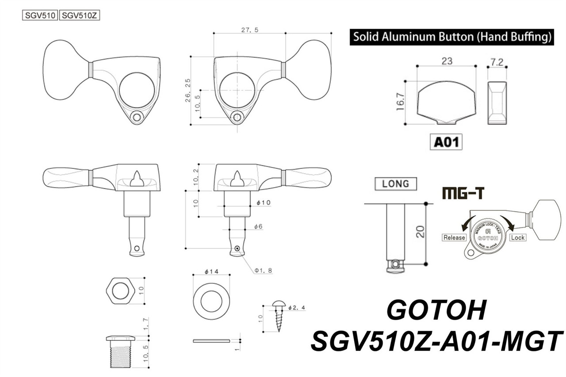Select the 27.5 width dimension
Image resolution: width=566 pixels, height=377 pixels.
click(250, 30)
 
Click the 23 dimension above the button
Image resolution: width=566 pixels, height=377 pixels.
click(446, 62)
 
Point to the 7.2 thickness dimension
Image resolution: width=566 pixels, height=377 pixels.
click(497, 62)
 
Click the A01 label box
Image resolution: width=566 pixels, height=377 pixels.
click(446, 142)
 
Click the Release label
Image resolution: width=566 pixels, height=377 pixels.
click(454, 237)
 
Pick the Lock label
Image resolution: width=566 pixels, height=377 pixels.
click(517, 237)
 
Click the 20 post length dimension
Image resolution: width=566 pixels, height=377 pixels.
click(421, 232)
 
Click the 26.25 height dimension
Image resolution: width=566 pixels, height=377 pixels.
click(187, 91)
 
